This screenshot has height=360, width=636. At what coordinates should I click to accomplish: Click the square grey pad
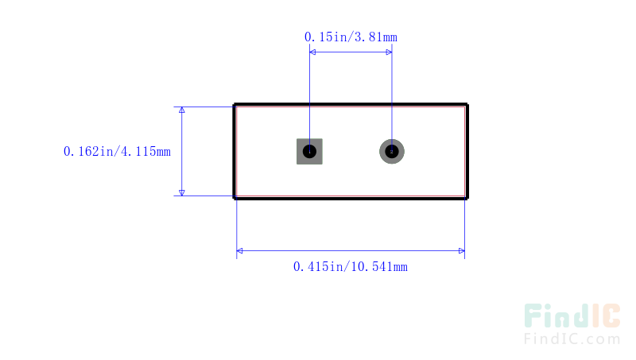coord(309,152)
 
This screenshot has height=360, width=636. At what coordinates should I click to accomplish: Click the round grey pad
coord(392,152)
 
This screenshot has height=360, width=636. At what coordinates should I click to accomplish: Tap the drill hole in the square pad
coord(309,152)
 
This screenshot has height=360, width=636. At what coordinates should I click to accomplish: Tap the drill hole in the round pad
coord(392,152)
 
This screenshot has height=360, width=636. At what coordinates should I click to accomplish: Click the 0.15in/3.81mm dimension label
coord(351,37)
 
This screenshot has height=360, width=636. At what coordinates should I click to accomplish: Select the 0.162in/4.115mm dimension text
coord(117,152)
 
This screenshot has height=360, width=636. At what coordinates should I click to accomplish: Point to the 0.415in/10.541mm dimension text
coord(351,267)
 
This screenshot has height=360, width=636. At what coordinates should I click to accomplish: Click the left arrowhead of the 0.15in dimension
coord(312,52)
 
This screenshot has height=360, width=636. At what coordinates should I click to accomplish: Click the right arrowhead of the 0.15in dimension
coord(389,52)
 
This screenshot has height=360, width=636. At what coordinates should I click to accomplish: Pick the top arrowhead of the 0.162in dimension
coord(182,110)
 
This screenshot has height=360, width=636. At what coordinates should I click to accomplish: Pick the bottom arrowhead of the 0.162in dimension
coord(182,193)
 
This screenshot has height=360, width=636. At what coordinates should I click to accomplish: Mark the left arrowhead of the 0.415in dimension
coord(240,251)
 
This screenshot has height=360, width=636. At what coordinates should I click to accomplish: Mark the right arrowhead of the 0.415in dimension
coord(462,251)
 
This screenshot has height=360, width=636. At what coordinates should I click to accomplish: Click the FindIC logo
coord(572,315)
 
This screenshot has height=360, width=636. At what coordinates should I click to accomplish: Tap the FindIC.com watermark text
coord(572,339)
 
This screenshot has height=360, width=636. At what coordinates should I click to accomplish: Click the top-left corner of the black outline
coord(234,105)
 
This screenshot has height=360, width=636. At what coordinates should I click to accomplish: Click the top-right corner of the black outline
coord(467,105)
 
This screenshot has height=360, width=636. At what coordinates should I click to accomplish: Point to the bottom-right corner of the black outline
coord(467,198)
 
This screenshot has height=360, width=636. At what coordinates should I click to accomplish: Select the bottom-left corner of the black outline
coord(234,198)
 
